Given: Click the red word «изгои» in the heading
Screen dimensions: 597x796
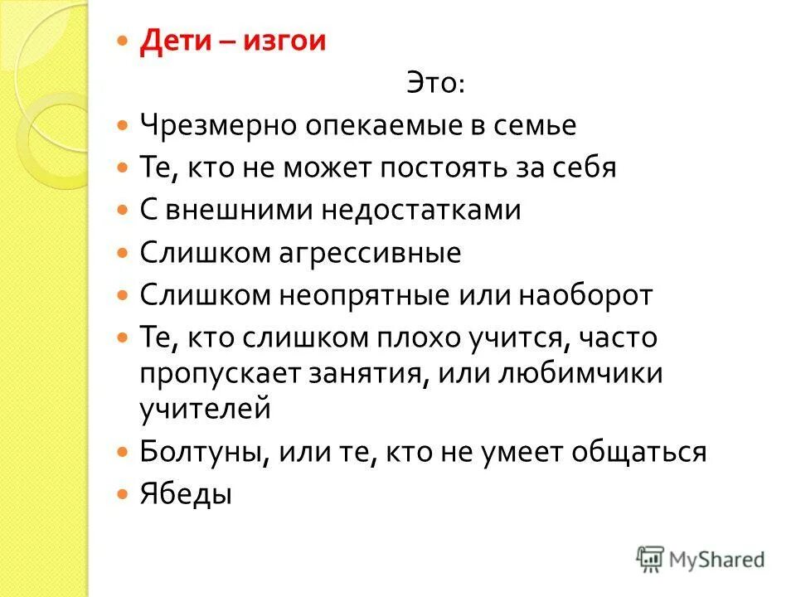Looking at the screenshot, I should pos(284,42).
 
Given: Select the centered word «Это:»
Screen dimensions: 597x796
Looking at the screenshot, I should pos(435,83).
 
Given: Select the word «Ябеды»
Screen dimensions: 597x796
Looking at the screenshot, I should pos(185,494).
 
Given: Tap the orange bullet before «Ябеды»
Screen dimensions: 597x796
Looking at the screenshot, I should pos(123,495).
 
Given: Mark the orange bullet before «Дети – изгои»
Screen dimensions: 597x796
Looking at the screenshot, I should pos(123,42).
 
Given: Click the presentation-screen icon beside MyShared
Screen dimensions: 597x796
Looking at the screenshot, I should pos(651,557).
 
